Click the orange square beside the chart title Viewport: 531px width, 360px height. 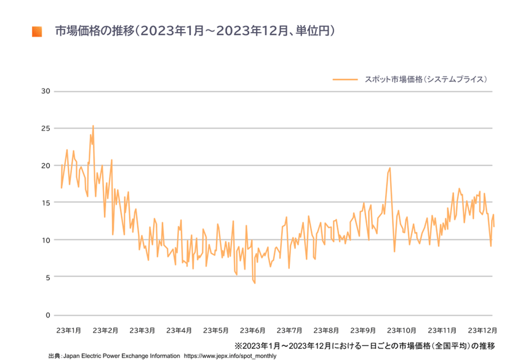point(36,31)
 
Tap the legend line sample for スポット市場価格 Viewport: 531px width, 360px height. point(345,79)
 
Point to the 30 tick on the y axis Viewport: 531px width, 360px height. point(44,92)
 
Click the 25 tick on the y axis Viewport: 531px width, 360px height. point(44,129)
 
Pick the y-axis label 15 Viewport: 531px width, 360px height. point(44,202)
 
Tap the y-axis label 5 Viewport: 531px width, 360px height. point(47,278)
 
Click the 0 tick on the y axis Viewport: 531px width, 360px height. point(47,315)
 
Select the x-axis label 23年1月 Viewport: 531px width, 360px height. point(68,330)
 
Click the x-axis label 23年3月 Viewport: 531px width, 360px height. point(142,330)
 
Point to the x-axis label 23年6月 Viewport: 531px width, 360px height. point(253,330)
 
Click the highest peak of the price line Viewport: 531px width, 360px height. point(93,126)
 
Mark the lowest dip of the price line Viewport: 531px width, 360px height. point(254,282)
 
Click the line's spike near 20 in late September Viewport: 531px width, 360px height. point(389,168)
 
